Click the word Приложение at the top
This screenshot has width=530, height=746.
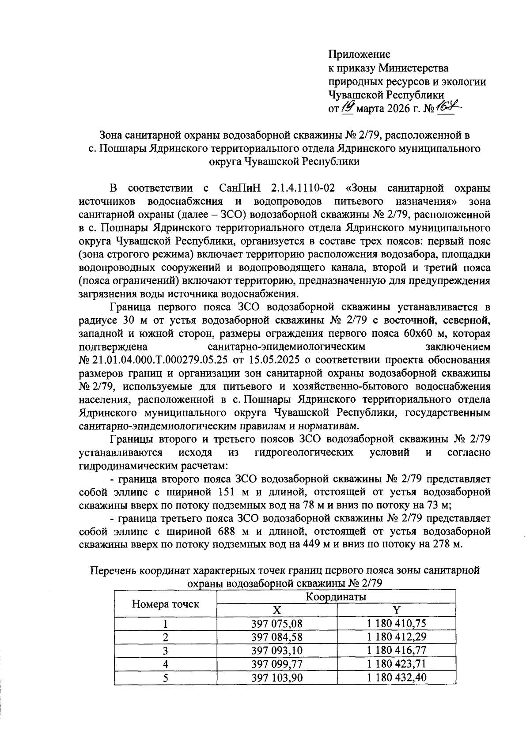(x=359, y=55)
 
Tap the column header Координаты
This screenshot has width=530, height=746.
(x=336, y=597)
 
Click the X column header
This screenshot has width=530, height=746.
(x=276, y=610)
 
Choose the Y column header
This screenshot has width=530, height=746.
(x=396, y=610)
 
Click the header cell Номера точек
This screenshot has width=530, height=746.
(x=166, y=604)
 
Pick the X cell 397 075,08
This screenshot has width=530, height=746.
(x=276, y=624)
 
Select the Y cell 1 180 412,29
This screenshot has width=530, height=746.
(x=396, y=637)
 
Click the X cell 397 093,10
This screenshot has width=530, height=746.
(x=276, y=650)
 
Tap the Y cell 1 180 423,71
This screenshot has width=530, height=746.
(x=396, y=663)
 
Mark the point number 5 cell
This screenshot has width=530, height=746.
(x=166, y=677)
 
